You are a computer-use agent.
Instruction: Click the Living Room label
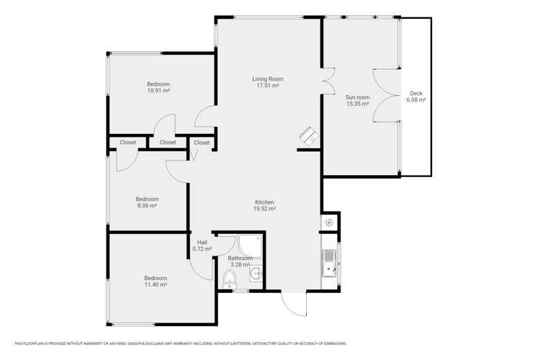pos(267,78)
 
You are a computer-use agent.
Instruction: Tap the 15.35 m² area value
pos(357,104)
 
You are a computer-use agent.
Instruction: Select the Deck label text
pos(415,94)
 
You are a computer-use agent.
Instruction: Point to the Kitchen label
pos(264,202)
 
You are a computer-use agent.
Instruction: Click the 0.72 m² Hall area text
pos(202,249)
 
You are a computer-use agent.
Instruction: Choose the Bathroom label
pos(240,258)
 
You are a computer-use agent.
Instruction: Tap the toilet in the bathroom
pos(229,279)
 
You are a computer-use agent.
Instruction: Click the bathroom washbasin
pos(257,273)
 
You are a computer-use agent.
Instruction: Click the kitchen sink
pos(330,263)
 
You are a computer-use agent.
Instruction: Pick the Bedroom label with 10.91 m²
pos(158,84)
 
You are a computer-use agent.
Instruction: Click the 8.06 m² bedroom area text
pos(148,205)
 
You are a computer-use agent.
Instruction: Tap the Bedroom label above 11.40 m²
pos(155,278)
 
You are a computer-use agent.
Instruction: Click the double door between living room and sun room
pos(328,80)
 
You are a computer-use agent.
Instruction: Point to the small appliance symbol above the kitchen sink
pos(330,222)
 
